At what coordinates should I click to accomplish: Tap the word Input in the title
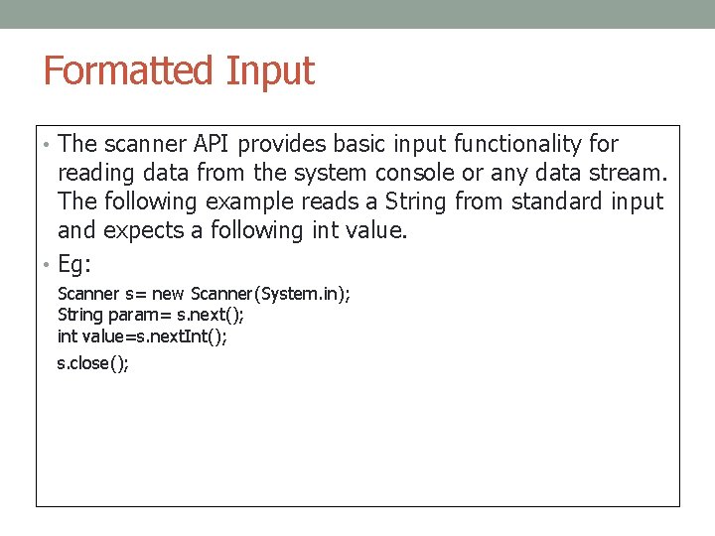270,71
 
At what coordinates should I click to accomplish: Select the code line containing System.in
204,294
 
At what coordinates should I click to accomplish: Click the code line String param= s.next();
151,315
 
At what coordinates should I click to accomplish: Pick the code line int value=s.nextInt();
142,336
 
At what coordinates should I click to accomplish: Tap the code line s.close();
93,362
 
